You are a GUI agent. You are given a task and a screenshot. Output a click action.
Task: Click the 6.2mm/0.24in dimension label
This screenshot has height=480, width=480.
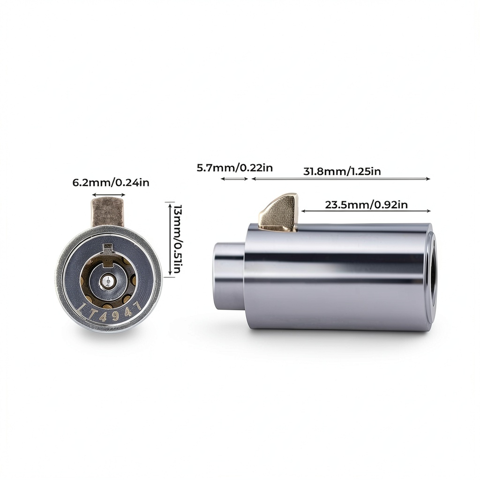pos(111,183)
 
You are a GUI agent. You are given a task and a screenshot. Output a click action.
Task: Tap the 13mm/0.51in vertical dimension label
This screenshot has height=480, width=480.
pos(178,240)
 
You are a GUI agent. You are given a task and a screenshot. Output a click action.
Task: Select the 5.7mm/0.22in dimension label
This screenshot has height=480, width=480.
pos(234,168)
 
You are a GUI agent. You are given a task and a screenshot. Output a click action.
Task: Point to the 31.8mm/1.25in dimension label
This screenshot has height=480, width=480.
pos(342,171)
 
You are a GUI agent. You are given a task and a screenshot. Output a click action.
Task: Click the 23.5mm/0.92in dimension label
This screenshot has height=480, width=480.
pos(366,204)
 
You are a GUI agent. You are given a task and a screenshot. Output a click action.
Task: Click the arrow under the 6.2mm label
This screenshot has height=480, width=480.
pos(109,195)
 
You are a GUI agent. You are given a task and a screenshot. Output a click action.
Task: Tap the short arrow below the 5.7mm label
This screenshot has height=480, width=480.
pos(234,179)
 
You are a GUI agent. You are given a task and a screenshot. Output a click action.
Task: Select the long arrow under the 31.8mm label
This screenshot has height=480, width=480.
pos(341,179)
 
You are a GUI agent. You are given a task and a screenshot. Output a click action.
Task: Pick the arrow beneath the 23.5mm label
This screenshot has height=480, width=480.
pos(366,211)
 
